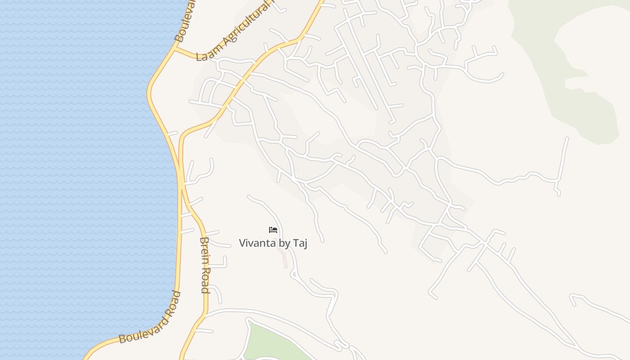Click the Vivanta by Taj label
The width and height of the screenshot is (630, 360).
click(x=273, y=243)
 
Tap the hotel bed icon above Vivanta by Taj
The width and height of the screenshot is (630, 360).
click(x=273, y=230)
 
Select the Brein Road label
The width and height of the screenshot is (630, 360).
click(x=205, y=265)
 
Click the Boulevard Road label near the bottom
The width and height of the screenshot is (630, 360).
click(x=150, y=318)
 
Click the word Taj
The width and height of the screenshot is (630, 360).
click(x=300, y=243)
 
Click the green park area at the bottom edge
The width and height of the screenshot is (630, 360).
click(x=270, y=344)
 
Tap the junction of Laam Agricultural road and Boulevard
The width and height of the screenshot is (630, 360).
click(x=174, y=49)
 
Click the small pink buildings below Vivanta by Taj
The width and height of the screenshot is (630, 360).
click(x=284, y=260)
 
